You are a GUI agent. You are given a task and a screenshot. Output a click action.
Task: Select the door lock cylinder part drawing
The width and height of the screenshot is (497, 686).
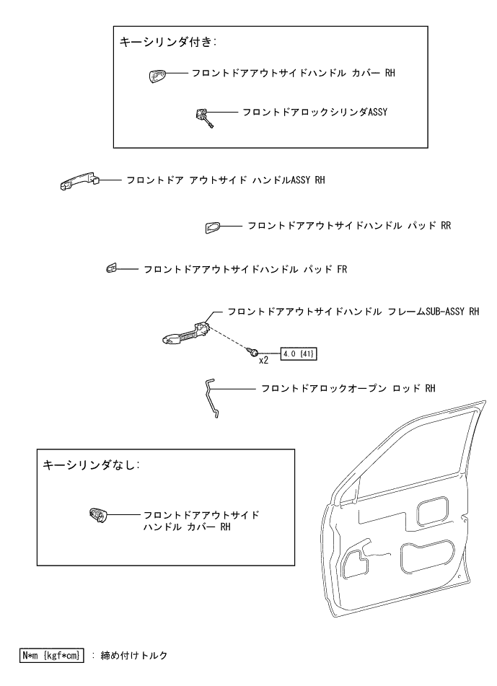tap(204, 115)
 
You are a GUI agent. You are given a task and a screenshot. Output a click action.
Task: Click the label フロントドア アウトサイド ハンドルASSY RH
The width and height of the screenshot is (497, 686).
tap(224, 180)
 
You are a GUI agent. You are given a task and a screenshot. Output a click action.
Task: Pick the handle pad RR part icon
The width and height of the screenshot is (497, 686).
tap(211, 228)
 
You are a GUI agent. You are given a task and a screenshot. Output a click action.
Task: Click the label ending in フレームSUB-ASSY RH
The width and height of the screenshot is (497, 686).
tap(353, 312)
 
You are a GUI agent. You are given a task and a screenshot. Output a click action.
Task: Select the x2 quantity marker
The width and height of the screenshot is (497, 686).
tap(264, 359)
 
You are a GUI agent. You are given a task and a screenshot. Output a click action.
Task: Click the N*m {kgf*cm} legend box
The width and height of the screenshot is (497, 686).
tap(53, 655)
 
